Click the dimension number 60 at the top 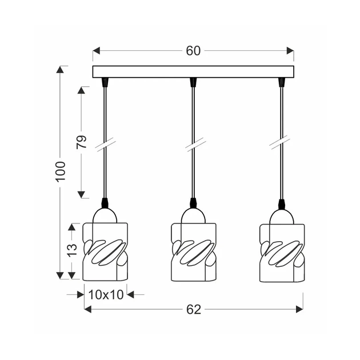click(193, 51)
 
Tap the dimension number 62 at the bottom click(194, 310)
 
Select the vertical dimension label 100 click(61, 172)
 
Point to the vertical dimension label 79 click(82, 142)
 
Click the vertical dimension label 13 click(72, 250)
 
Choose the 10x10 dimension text click(106, 294)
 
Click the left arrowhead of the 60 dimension click(96, 51)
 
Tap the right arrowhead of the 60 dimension click(290, 51)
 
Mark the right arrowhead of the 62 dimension click(299, 309)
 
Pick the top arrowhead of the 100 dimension click(60, 70)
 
